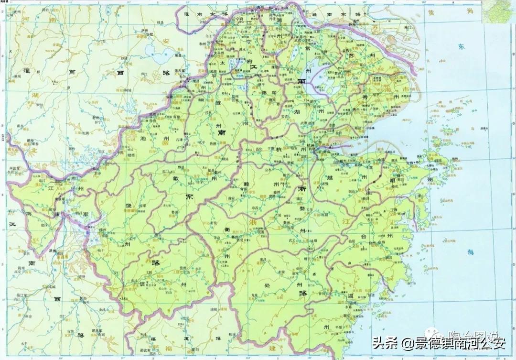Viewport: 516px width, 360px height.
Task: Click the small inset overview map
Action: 499,12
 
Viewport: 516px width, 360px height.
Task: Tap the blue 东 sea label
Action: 461,47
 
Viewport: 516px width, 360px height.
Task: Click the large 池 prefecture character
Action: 143,137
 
